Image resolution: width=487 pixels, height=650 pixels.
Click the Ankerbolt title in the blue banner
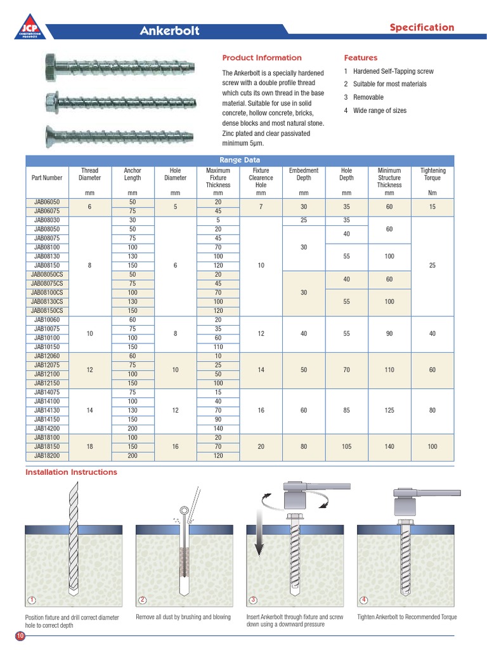pyautogui.click(x=169, y=30)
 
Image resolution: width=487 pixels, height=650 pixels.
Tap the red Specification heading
pyautogui.click(x=422, y=27)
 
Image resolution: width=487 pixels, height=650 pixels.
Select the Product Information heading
pyautogui.click(x=262, y=58)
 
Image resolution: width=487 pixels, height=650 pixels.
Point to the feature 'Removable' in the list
pyautogui.click(x=368, y=97)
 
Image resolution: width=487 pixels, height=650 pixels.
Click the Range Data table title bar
pyautogui.click(x=239, y=160)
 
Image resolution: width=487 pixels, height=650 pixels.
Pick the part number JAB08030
pyautogui.click(x=48, y=220)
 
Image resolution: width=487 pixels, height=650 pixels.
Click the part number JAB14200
pyautogui.click(x=48, y=429)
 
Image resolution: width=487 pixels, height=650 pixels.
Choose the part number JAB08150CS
pyautogui.click(x=48, y=311)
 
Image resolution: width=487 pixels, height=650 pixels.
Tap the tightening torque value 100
pyautogui.click(x=432, y=447)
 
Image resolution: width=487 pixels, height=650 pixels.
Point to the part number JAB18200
pyautogui.click(x=48, y=456)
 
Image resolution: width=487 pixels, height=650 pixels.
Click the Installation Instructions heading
pyautogui.click(x=71, y=472)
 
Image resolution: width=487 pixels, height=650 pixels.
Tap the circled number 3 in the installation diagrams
pyautogui.click(x=253, y=600)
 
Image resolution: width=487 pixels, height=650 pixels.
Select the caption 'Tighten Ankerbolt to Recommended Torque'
pyautogui.click(x=406, y=617)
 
